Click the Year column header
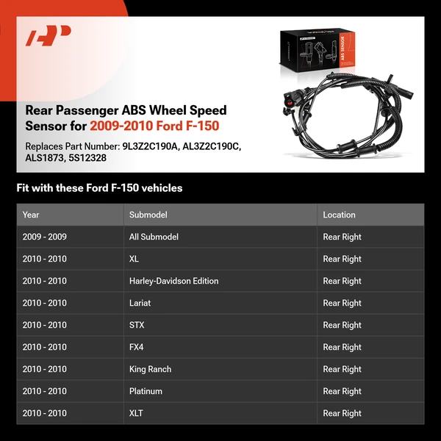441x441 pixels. pos(31,215)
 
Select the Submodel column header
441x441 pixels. pos(148,215)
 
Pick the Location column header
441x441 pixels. pos(339,215)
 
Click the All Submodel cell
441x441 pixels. pos(154,237)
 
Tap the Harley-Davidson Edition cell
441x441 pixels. pos(173,281)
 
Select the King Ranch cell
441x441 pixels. pos(150,369)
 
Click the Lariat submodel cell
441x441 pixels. pos(140,303)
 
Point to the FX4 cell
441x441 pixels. pos(137,347)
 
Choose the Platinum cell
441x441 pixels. pos(146,391)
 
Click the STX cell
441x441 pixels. pos(137,325)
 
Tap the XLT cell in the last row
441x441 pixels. pos(136,413)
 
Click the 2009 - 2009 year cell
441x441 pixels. pos(44,237)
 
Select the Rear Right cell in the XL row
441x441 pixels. pos(342,259)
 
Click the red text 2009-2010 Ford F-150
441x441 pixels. pos(154,126)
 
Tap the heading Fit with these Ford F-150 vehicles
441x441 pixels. pos(99,188)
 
